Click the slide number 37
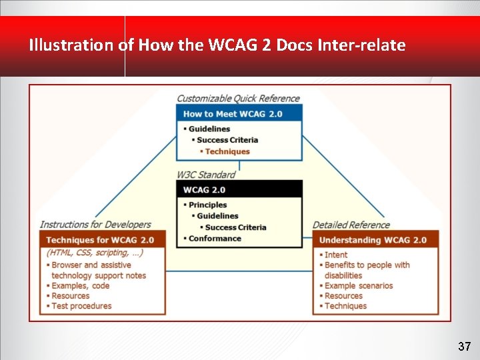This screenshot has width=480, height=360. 465,347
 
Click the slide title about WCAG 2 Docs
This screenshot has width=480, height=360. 217,45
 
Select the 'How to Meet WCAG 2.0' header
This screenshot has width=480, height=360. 233,114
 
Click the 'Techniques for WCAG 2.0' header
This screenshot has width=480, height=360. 100,240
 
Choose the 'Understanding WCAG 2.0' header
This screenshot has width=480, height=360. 373,240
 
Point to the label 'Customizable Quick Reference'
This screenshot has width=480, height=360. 238,99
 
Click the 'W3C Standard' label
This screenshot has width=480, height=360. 206,175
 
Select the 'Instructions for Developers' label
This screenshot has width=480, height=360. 95,225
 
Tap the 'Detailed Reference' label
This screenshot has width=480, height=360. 351,225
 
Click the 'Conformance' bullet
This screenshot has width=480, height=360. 215,239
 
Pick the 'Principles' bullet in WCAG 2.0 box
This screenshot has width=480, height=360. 207,205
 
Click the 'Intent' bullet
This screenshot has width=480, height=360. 336,255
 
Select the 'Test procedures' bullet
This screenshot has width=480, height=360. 81,306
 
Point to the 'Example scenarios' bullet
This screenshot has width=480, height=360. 359,285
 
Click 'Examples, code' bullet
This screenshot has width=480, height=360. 81,285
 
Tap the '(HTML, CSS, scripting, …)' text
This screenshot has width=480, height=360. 95,253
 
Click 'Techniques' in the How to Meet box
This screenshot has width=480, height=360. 227,151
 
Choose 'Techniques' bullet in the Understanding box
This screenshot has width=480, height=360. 345,306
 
